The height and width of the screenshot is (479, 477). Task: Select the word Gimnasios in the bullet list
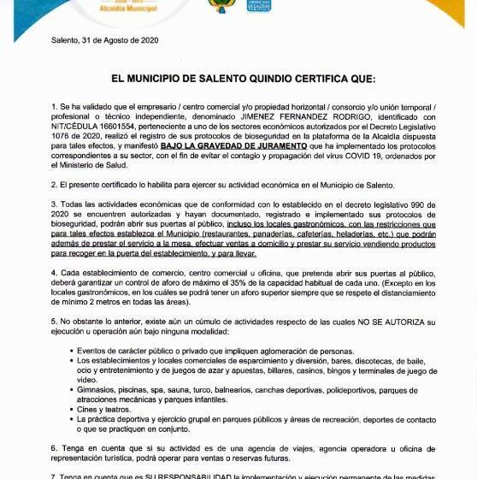tap(97, 389)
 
